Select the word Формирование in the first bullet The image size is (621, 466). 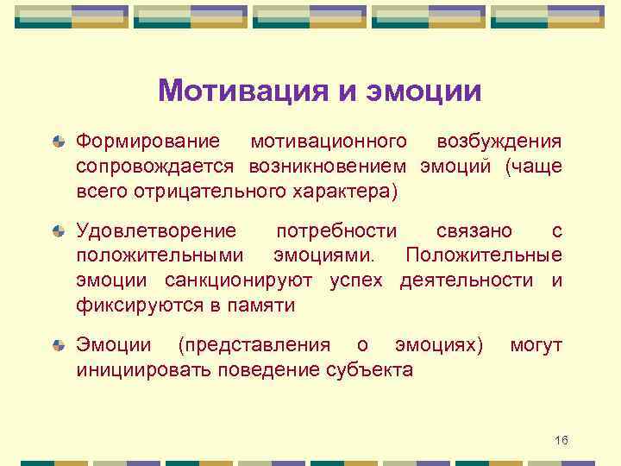tap(147, 141)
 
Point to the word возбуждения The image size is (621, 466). tap(499, 141)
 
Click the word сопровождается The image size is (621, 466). tap(156, 166)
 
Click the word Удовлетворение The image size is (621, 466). tap(155, 231)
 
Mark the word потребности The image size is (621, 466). tap(336, 231)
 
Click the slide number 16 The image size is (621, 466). tap(561, 441)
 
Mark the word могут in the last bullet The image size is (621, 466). tap(536, 346)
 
